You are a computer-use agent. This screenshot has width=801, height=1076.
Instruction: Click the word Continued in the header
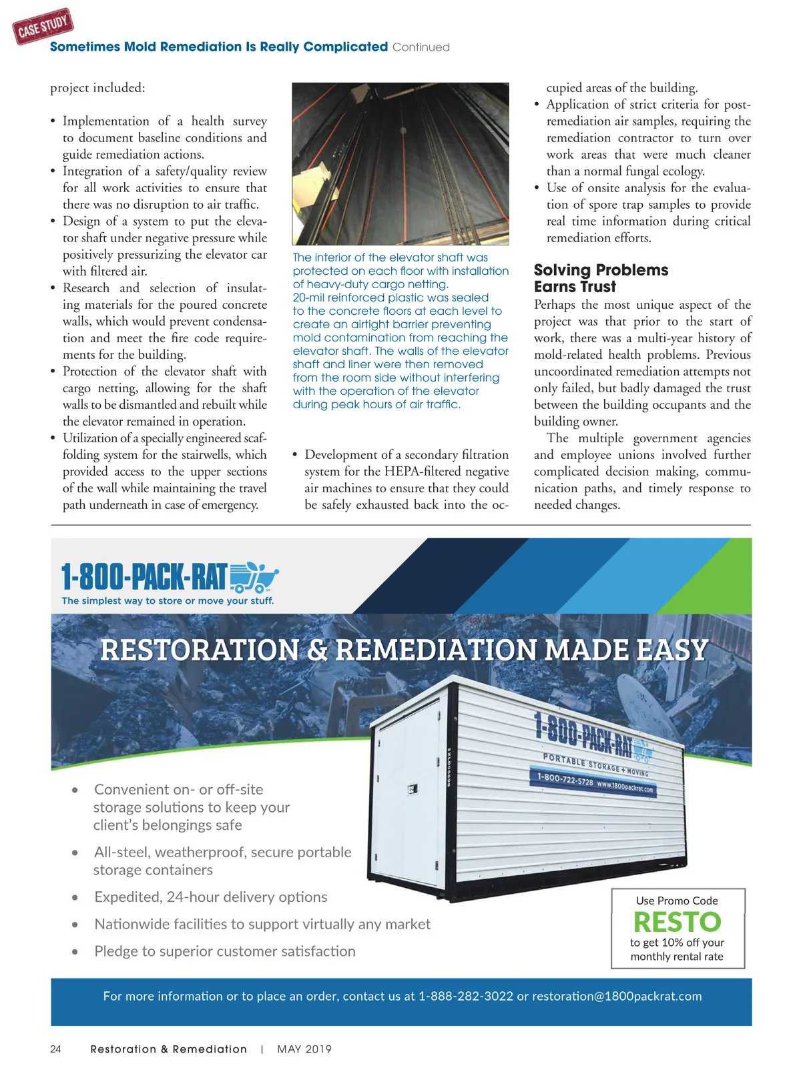[421, 47]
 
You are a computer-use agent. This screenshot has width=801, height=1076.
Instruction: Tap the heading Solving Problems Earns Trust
[600, 278]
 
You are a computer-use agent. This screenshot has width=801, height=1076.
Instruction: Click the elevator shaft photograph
[400, 163]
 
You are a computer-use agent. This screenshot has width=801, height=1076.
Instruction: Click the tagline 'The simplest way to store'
[168, 601]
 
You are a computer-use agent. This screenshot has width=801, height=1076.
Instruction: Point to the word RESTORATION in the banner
[199, 650]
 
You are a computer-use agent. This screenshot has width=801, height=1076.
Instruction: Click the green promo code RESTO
[677, 922]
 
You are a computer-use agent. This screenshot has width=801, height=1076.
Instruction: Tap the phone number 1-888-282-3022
[466, 996]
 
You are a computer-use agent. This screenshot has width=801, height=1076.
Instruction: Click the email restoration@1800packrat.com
[617, 996]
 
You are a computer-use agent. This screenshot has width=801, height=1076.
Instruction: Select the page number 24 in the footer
[56, 1049]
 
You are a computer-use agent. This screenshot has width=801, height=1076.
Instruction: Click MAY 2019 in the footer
[304, 1049]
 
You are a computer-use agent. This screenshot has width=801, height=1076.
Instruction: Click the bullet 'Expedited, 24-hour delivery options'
[211, 897]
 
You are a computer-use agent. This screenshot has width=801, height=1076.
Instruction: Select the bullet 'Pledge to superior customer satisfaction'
[225, 951]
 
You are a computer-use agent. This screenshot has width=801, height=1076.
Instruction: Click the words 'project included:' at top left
[97, 88]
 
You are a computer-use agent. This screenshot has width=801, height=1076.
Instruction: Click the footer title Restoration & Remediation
[168, 1049]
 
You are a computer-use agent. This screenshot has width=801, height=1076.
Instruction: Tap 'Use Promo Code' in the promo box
[677, 901]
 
